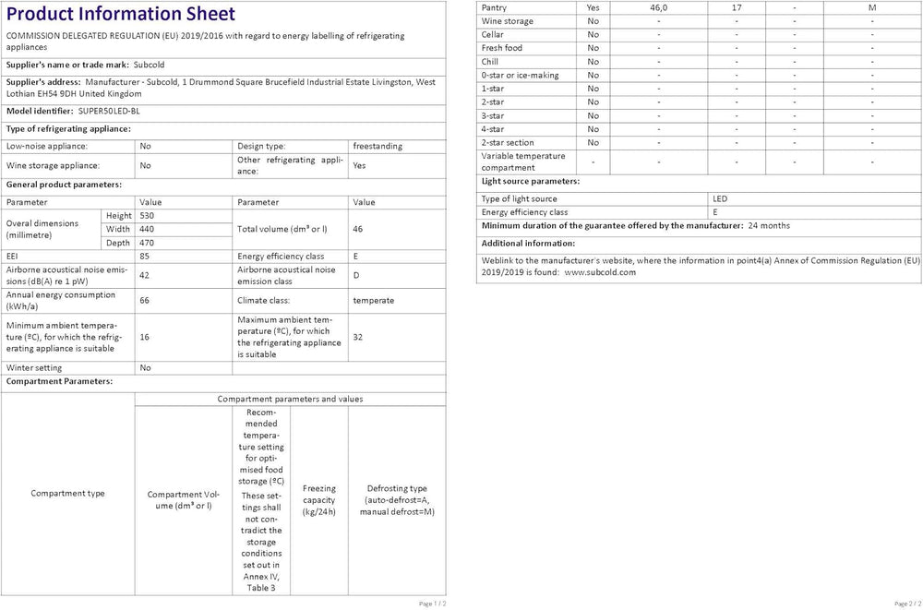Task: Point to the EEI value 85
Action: click(145, 256)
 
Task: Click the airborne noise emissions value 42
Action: click(145, 275)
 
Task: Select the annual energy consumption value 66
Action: click(145, 300)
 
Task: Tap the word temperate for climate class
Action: click(373, 300)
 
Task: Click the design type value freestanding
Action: click(378, 146)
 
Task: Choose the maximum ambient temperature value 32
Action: click(358, 337)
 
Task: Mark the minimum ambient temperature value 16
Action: click(145, 337)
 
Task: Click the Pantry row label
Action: click(495, 7)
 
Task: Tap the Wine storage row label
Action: click(507, 20)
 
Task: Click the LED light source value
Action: click(720, 198)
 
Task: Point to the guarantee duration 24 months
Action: click(769, 225)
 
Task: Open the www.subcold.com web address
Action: click(600, 272)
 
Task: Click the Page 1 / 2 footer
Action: click(433, 603)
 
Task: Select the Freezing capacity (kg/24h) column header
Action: click(319, 500)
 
